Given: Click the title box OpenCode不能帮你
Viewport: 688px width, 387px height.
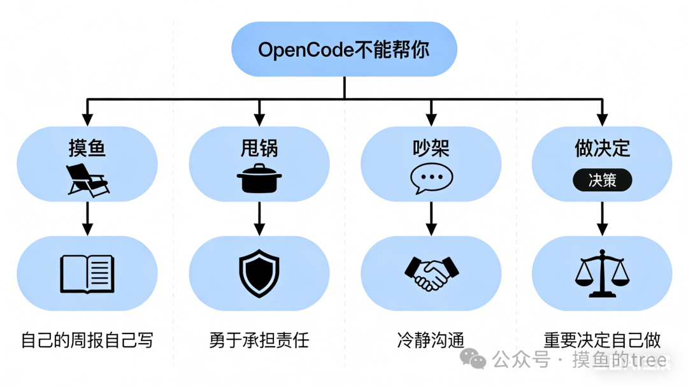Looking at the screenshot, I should tap(344, 50).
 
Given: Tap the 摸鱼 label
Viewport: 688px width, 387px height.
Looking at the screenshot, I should tap(87, 148).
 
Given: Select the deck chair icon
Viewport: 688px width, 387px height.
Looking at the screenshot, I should tap(87, 179).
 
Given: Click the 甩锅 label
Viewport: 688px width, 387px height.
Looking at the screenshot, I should tap(259, 148).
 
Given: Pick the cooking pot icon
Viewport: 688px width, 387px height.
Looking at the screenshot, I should tap(259, 178).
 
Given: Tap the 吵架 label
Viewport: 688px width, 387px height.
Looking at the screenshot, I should tap(431, 148).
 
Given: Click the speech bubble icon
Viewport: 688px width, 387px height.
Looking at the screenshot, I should tap(431, 179).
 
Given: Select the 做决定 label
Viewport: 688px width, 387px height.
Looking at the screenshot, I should tap(602, 148).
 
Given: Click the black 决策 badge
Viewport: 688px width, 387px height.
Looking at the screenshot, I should tap(602, 180).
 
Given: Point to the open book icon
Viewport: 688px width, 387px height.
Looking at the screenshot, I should tap(87, 274).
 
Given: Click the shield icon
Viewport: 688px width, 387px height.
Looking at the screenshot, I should tap(259, 274).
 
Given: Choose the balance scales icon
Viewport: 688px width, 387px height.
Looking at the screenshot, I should tap(602, 275).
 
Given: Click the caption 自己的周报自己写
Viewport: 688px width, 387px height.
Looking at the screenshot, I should tap(87, 340).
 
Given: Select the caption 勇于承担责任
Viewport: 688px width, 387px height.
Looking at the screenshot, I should tap(259, 340).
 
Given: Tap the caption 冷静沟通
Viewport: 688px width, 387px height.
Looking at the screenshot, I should tap(431, 340).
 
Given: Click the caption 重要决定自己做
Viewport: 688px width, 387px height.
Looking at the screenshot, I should tap(602, 340).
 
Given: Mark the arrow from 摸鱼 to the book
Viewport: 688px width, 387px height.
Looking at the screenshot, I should tap(87, 219).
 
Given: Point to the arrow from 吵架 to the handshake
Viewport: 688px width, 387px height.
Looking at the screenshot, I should tap(431, 219).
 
